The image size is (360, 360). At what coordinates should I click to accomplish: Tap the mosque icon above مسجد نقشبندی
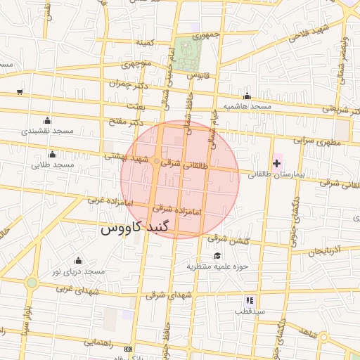coord(47,120)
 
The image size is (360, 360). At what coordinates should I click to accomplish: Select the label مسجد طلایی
coord(52,165)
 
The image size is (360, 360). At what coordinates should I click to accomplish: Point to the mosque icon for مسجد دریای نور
coord(77,261)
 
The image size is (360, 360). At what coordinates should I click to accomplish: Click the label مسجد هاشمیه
coord(247,106)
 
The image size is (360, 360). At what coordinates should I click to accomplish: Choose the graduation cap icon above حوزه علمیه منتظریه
coord(217,256)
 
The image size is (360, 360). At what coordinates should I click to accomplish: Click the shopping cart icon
coord(19,91)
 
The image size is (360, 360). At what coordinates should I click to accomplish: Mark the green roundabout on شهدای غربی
coord(32,283)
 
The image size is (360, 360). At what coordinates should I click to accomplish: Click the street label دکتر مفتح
coord(125,122)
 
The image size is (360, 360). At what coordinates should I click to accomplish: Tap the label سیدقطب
coord(249,310)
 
